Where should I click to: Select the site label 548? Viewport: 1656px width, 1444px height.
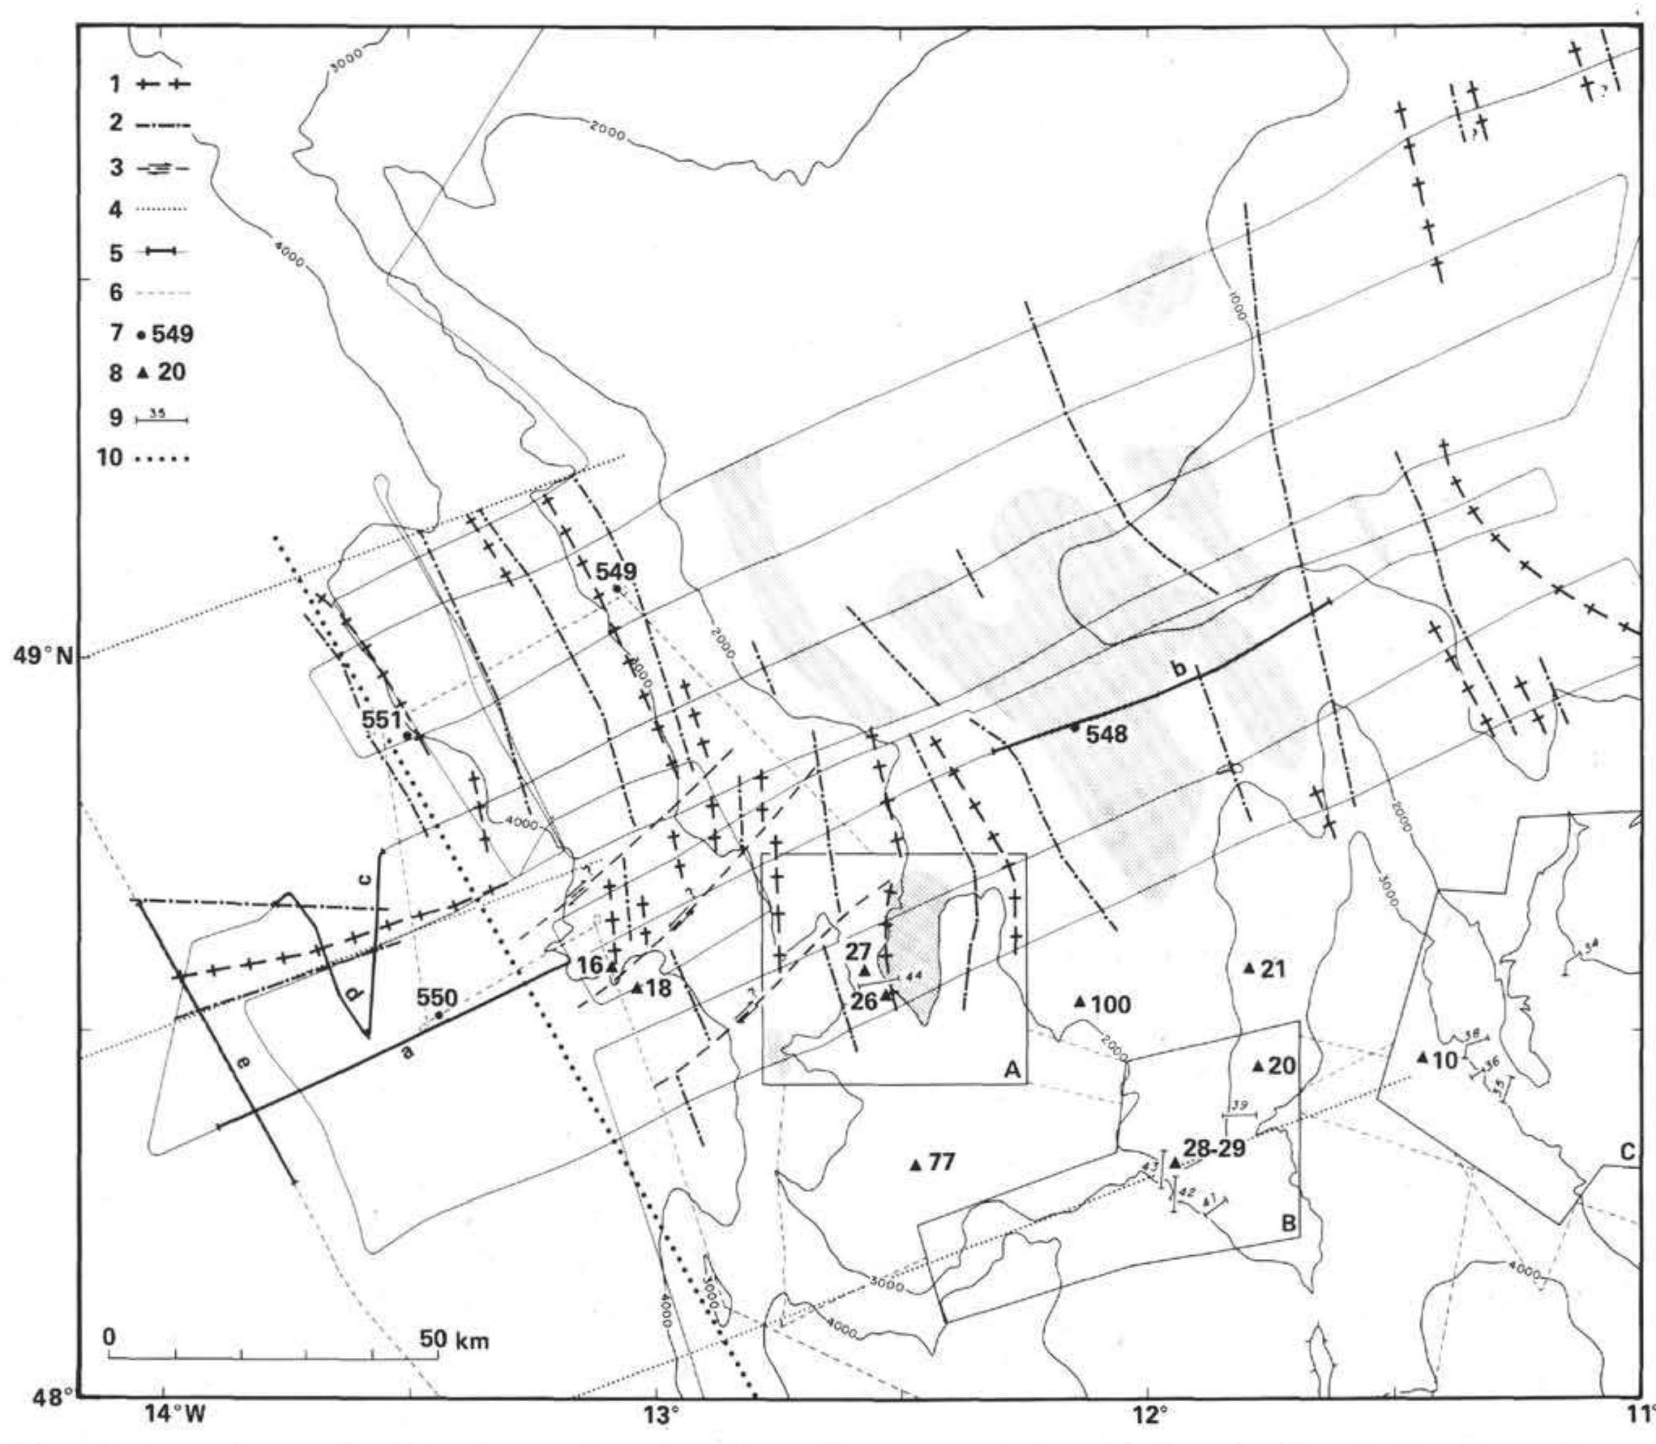[1107, 735]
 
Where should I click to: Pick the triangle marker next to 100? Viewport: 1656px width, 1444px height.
[1080, 1001]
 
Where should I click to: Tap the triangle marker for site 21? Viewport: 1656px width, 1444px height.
[1249, 967]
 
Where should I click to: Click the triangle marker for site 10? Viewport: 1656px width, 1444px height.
[1422, 1057]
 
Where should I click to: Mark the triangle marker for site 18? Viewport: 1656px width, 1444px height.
[637, 988]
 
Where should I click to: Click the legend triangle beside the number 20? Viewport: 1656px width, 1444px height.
[142, 373]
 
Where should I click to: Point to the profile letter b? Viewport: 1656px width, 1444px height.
[1180, 670]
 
